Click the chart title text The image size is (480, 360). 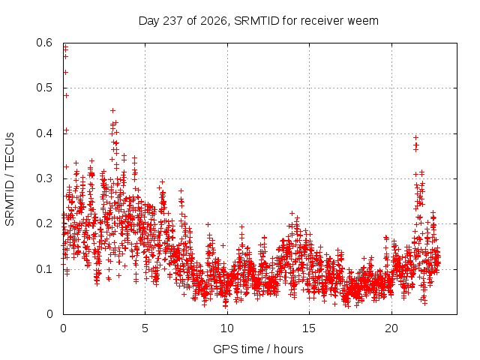(x=258, y=21)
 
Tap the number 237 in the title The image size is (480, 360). (x=173, y=21)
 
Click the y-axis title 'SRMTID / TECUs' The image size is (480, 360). (x=10, y=179)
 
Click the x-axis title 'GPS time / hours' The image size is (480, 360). (x=258, y=349)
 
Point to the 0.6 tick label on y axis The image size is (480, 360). (x=44, y=43)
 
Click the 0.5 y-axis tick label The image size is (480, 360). (x=44, y=88)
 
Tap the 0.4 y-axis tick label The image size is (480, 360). (x=44, y=133)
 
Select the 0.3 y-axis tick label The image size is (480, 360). (x=44, y=178)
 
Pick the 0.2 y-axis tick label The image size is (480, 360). (x=44, y=223)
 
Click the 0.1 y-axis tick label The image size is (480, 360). (x=44, y=269)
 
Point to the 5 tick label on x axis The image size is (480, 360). (x=145, y=328)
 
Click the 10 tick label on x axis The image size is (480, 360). (x=226, y=328)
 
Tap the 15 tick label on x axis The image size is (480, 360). (x=309, y=328)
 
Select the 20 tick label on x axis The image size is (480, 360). (x=391, y=328)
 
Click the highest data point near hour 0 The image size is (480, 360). (x=65, y=46)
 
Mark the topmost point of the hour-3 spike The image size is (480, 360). (x=112, y=110)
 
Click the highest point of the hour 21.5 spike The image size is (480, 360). (x=415, y=138)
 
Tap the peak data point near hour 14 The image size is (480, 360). (x=292, y=213)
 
